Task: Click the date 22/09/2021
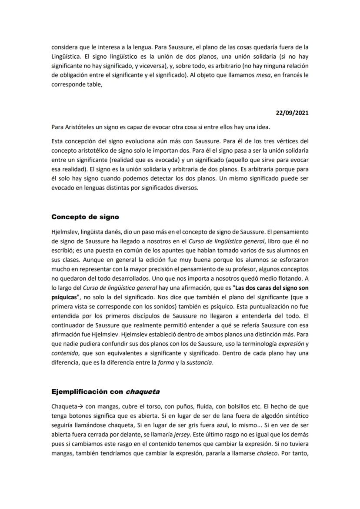point(292,113)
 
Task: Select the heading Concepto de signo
point(85,217)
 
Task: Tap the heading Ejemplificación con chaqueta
point(105,392)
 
